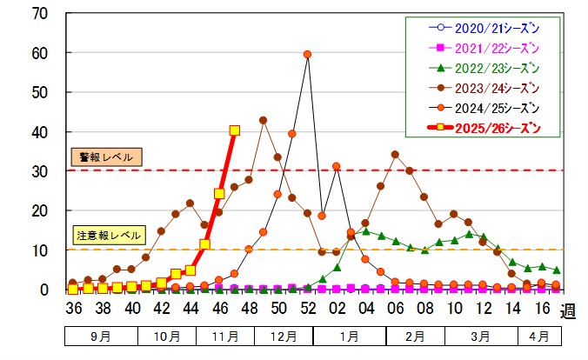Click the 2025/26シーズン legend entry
pyautogui.click(x=482, y=129)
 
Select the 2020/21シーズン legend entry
pyautogui.click(x=482, y=27)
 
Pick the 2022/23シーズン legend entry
pyautogui.click(x=482, y=68)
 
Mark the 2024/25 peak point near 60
pyautogui.click(x=307, y=54)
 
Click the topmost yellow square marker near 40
pyautogui.click(x=234, y=130)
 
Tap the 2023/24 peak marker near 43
pyautogui.click(x=263, y=120)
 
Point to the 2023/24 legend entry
pyautogui.click(x=482, y=88)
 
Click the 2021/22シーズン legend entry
pyautogui.click(x=482, y=47)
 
